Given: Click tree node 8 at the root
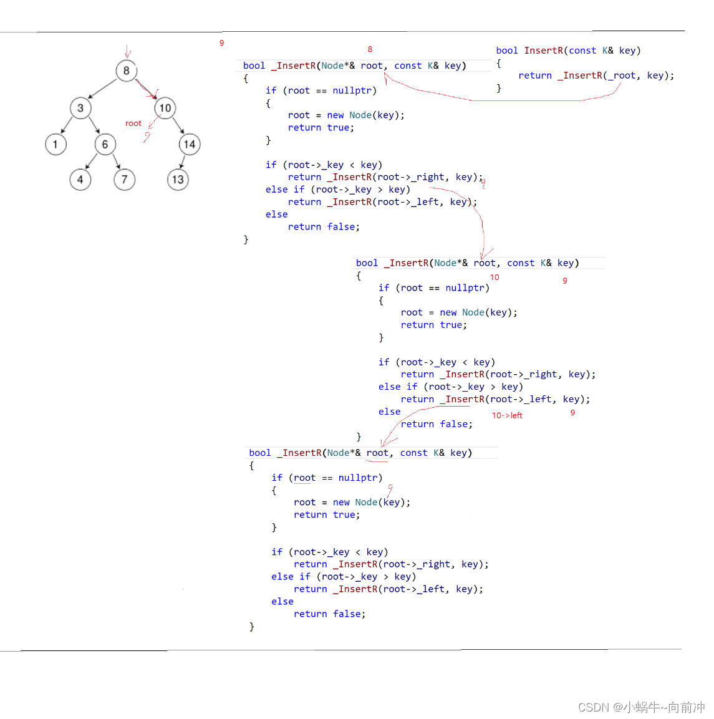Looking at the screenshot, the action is click(x=126, y=71).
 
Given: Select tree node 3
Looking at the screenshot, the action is click(x=80, y=109).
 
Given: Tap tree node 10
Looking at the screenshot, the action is click(x=165, y=109).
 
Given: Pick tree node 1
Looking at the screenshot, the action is click(x=55, y=145).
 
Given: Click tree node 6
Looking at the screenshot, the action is click(x=105, y=145).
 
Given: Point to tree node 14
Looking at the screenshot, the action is click(x=190, y=145).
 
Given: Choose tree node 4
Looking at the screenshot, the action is click(x=80, y=180).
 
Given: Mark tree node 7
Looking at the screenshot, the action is click(x=124, y=180).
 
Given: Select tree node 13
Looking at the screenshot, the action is click(x=178, y=180).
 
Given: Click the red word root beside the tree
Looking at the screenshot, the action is click(x=133, y=123).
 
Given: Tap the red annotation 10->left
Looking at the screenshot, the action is click(x=507, y=415).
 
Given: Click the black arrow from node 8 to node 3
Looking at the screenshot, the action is click(x=103, y=89).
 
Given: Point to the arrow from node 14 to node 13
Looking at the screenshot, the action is click(x=182, y=162).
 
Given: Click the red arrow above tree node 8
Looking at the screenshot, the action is click(x=127, y=51).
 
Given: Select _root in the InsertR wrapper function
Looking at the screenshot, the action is click(x=624, y=75).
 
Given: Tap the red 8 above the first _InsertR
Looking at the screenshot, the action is click(x=370, y=49).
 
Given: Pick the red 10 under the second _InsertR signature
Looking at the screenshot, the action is click(x=494, y=277).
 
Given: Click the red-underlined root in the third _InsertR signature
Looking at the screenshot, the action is click(x=377, y=453).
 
